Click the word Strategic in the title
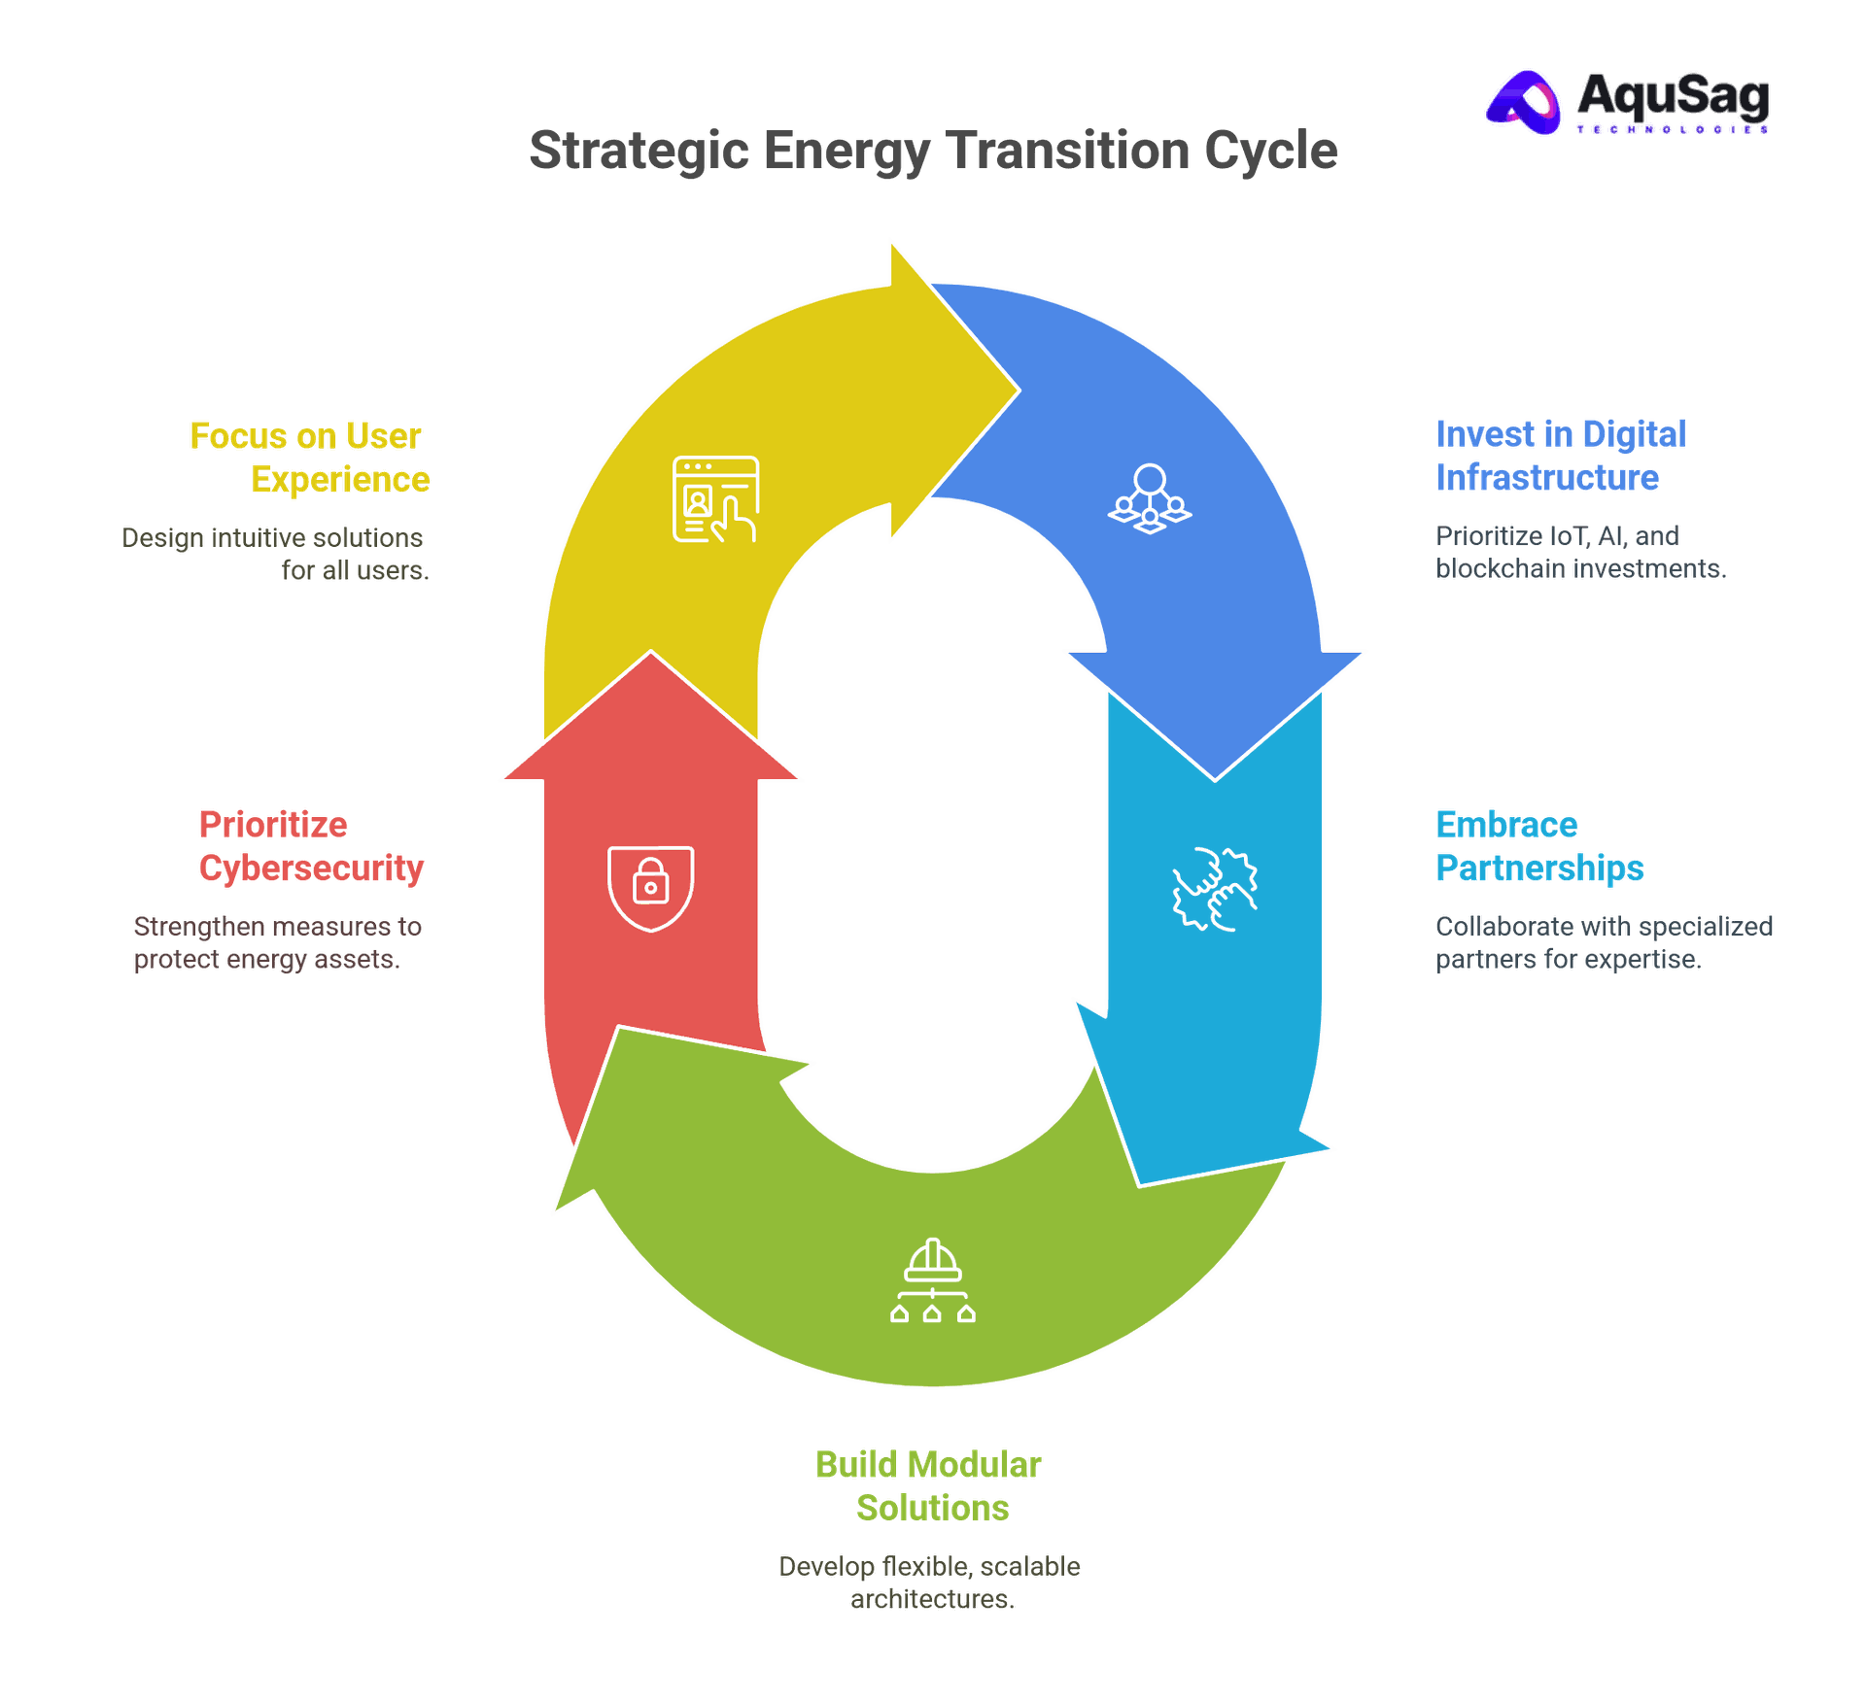(639, 152)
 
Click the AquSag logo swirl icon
(1523, 102)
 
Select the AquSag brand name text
(1673, 95)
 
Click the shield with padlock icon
(650, 888)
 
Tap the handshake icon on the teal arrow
(1215, 889)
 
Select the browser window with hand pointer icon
(715, 498)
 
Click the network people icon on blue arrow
(1150, 498)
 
